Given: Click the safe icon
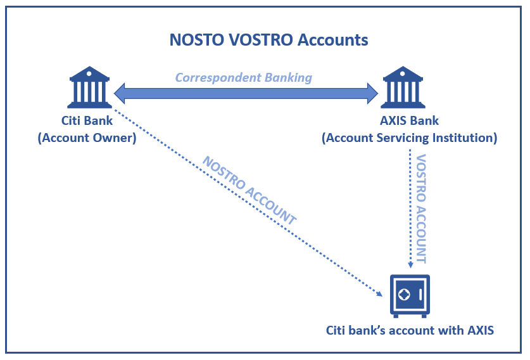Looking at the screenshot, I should click(x=410, y=295).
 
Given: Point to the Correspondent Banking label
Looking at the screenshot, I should click(x=243, y=77).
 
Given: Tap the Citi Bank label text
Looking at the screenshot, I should click(x=87, y=121).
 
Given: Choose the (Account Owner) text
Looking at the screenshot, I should click(x=87, y=137).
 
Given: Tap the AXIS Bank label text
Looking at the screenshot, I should click(x=410, y=121).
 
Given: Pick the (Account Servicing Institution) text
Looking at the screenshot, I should click(x=410, y=137).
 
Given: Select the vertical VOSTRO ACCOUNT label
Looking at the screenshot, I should click(x=422, y=209).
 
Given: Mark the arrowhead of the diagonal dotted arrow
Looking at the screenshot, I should click(x=381, y=293).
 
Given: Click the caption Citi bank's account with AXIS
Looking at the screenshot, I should click(x=410, y=330).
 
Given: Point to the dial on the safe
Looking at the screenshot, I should click(x=404, y=295).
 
